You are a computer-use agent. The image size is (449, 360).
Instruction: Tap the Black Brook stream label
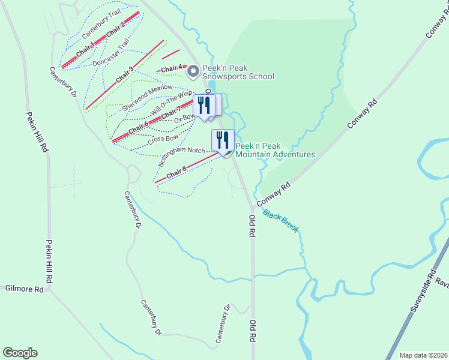click(280, 221)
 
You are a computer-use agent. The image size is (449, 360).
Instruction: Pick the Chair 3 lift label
click(124, 74)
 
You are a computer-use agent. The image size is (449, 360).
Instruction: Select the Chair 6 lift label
click(138, 127)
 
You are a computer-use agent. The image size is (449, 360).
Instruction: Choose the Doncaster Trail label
click(111, 52)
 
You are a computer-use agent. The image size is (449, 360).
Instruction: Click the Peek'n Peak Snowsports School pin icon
click(193, 72)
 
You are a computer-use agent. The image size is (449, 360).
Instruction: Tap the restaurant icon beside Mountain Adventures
click(223, 140)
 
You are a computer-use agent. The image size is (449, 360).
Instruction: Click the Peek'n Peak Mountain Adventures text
click(275, 150)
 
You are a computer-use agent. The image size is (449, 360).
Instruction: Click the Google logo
click(20, 353)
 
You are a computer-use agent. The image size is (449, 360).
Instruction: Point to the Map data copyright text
click(423, 355)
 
